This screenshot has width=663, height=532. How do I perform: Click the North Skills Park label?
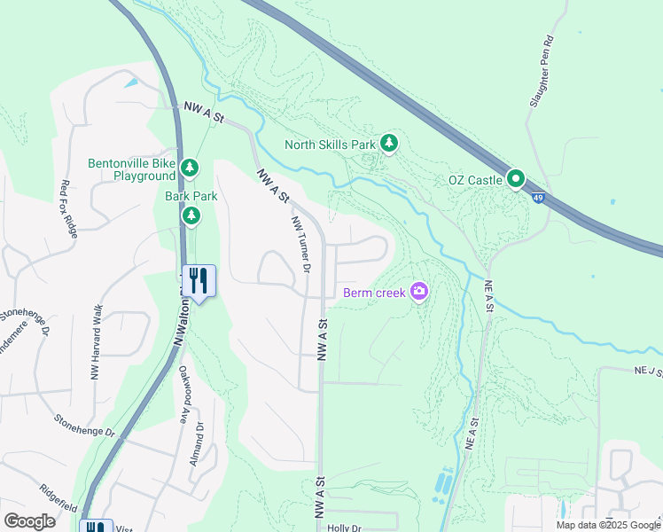tap(330, 145)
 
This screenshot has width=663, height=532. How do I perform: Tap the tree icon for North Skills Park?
tap(388, 143)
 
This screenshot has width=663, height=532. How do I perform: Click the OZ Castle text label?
tap(475, 181)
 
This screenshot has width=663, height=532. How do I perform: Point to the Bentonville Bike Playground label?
tap(131, 169)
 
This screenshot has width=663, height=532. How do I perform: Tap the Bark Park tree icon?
tap(191, 215)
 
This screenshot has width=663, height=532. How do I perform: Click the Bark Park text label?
tap(185, 196)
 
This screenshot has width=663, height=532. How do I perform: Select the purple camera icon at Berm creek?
tap(419, 291)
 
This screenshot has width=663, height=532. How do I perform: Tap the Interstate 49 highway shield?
tap(538, 197)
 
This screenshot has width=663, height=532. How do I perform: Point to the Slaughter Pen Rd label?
tap(542, 72)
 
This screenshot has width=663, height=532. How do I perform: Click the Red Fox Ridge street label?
tap(68, 207)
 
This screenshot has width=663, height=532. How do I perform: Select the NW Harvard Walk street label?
tap(96, 340)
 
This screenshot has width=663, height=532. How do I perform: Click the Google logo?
tap(29, 521)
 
